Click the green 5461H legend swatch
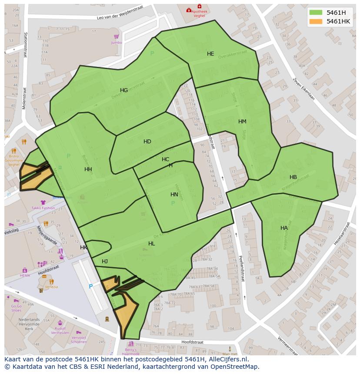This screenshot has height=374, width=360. pos(316,13)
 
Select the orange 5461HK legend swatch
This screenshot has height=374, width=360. pos(316,21)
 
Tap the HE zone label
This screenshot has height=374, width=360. pos(210,54)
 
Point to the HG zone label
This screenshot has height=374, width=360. pos(124,90)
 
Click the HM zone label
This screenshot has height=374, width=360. pos(242,122)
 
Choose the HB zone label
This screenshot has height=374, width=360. pos(293,177)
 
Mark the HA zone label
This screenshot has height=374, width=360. pos(284,228)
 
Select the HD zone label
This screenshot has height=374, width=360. pos(147,142)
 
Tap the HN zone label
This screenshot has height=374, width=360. pos(174,195)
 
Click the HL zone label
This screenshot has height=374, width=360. pos(151,244)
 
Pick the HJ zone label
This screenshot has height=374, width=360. pos(105,261)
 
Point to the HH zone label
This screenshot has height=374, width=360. pos(88,169)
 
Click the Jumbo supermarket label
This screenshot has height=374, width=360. pos(117,43)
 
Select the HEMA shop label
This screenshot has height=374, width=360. pos(25,275)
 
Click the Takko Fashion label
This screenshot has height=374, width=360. pos(43,208)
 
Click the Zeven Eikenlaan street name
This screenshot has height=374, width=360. pos(303,89)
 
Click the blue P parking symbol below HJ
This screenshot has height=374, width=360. pos(90,287)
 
